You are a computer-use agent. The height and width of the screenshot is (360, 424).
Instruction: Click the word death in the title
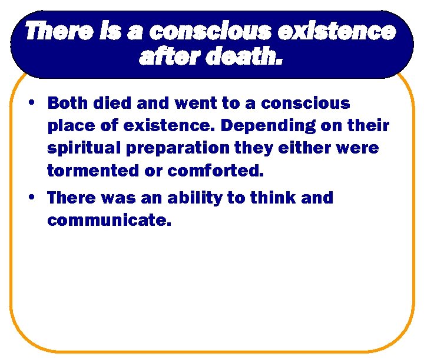coord(246,57)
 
